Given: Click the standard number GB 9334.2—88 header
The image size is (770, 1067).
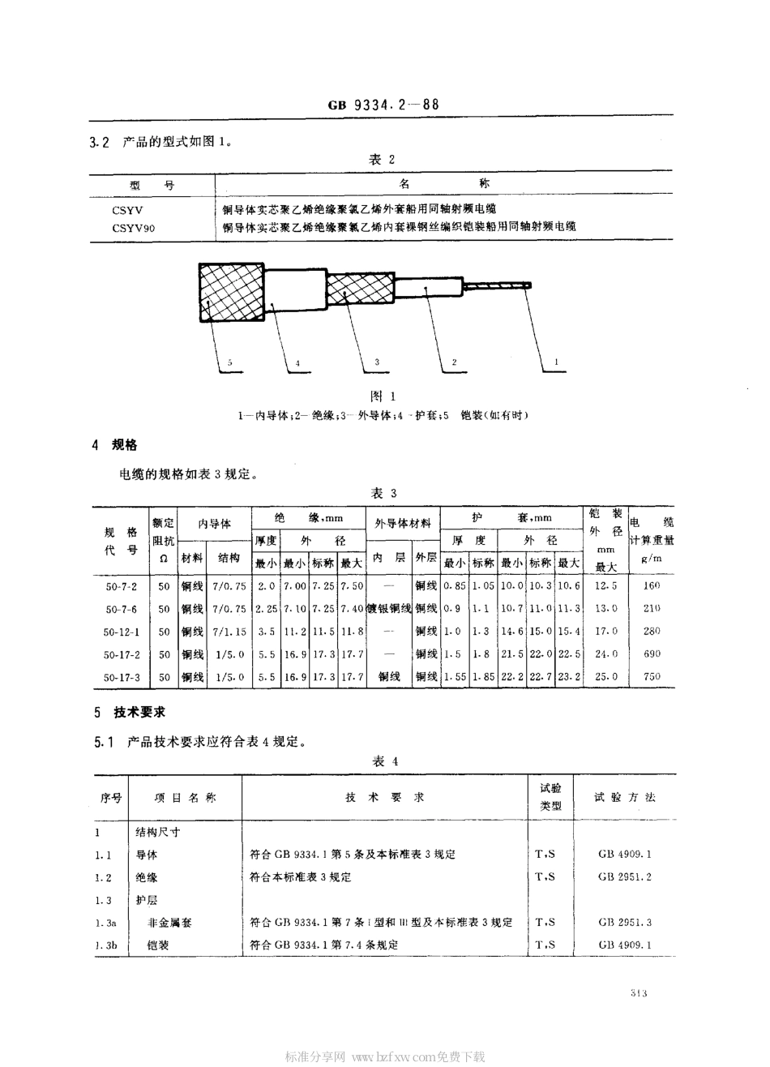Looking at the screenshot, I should pos(384,105).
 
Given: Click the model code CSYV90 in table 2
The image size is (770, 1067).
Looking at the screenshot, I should pos(134,228).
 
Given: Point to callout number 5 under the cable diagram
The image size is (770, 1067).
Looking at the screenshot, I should pos(229,363).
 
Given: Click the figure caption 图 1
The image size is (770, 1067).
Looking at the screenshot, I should pos(382,396).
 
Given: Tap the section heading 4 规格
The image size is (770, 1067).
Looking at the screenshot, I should pos(115,445).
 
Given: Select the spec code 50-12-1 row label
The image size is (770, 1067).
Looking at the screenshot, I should pos(122,631).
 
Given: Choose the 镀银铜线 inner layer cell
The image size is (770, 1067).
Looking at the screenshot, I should pos(390,608).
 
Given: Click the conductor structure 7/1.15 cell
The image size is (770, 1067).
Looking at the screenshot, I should pos(229,631).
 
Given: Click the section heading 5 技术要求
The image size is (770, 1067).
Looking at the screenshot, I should pos(130,712).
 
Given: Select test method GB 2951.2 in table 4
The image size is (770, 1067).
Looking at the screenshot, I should pos(625,876).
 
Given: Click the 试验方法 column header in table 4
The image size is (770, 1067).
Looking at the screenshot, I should pos(624,798).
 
